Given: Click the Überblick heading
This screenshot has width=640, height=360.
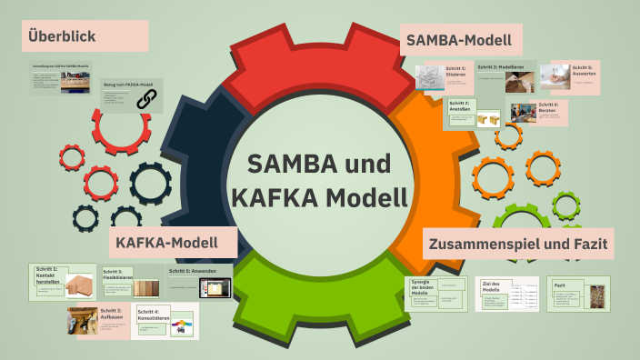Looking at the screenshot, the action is point(62,37).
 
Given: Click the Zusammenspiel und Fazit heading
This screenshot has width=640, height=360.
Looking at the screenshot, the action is point(519,244).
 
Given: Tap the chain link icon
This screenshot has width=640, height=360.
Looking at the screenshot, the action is point(146,101).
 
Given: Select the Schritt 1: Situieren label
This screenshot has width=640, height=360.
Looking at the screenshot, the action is point(455,71).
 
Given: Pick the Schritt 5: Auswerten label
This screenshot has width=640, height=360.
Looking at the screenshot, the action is point(582,71).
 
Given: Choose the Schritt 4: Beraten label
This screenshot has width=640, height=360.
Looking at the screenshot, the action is point(550,106).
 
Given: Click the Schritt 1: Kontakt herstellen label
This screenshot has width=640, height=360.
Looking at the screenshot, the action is point(46,275).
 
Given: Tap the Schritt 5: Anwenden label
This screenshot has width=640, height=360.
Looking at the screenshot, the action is point(193,272).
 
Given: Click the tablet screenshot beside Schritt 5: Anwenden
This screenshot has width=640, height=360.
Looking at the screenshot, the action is point(216,288).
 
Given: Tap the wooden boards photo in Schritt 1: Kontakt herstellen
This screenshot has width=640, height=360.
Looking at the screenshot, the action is point(80,286).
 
